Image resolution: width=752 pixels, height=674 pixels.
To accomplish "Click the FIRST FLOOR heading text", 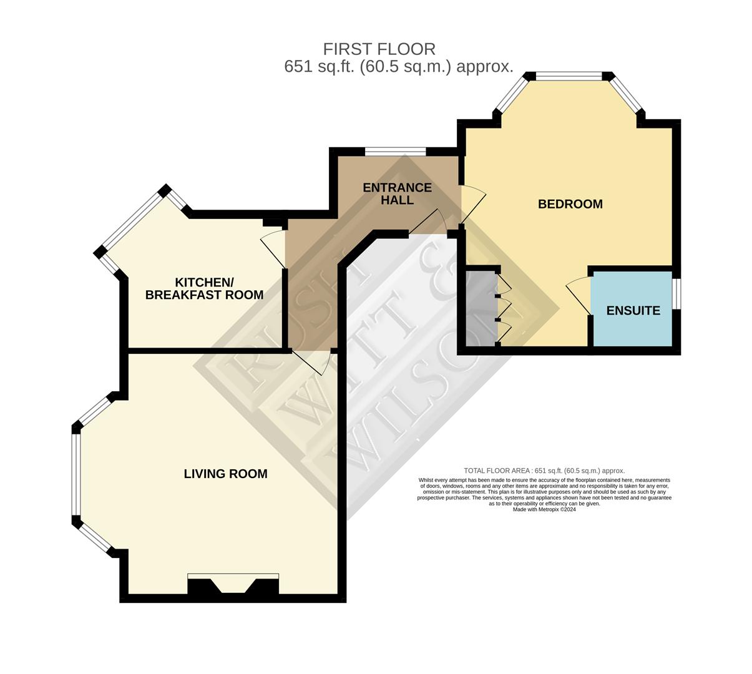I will click(379, 49).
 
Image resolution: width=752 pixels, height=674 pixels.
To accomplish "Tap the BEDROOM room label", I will click(570, 204).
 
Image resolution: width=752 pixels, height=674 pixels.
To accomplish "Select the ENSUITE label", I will click(633, 310).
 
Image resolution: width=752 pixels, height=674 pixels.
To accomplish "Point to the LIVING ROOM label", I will click(225, 474).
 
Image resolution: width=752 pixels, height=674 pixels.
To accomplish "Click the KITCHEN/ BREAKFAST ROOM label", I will click(204, 289).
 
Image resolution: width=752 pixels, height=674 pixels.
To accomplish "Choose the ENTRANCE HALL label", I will click(397, 193).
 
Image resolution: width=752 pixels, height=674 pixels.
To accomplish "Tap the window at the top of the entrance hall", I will click(396, 151).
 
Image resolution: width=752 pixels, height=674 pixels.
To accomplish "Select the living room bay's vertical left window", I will click(76, 474).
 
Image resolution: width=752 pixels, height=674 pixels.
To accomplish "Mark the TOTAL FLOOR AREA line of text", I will click(544, 471).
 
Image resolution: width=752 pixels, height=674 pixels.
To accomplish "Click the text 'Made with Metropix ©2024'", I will click(544, 509).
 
